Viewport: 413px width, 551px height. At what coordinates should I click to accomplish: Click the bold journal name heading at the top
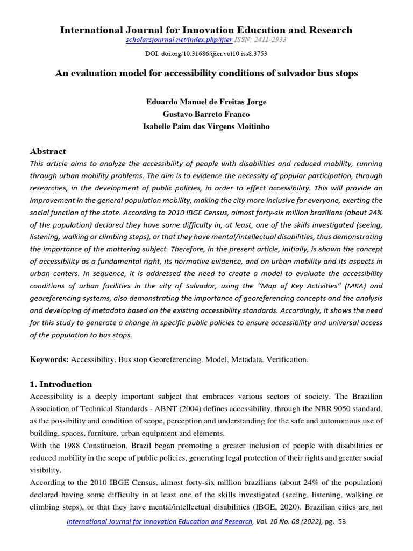[x=206, y=30]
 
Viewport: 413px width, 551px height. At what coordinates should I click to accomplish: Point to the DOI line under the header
[x=206, y=54]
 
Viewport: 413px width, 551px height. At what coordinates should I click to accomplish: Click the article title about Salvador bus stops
[x=206, y=74]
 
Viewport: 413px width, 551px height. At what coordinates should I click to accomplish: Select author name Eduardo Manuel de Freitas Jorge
[x=206, y=101]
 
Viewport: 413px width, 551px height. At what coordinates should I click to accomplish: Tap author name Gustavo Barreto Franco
[x=206, y=114]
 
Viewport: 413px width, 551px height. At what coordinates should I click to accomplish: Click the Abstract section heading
[x=48, y=151]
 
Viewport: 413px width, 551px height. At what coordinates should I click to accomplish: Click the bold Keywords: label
[x=49, y=359]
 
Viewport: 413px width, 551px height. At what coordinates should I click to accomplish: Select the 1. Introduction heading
[x=61, y=384]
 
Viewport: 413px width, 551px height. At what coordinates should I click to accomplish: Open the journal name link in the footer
[x=159, y=522]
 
